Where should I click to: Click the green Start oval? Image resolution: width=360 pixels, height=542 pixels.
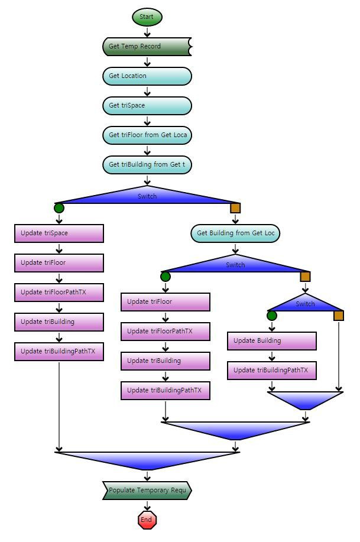[147, 17]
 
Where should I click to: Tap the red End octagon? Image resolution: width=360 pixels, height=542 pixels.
[147, 520]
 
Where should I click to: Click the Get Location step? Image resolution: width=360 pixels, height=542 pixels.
[147, 76]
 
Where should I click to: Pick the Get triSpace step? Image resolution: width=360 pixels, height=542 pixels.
[147, 105]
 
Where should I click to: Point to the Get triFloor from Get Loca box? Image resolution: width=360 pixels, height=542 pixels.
[147, 135]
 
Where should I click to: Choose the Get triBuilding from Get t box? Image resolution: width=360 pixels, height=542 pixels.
[147, 164]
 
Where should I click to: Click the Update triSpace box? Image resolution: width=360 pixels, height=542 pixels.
[59, 233]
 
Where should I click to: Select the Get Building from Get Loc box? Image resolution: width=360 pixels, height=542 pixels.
[235, 233]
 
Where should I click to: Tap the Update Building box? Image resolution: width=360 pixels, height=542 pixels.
[272, 340]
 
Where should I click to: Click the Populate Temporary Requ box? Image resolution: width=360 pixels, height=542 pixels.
[147, 491]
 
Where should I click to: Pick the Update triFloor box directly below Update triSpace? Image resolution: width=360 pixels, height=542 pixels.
[59, 262]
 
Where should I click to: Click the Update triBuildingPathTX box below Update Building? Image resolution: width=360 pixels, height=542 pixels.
[272, 370]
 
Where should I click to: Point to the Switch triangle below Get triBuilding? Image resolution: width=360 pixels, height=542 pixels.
[147, 196]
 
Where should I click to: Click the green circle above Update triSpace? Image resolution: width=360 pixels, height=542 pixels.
[59, 208]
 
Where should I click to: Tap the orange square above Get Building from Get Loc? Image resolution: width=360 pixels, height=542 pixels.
[235, 208]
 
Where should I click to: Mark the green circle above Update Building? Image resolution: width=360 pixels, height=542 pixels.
[272, 316]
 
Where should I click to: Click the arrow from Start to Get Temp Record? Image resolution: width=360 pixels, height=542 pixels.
[147, 32]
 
